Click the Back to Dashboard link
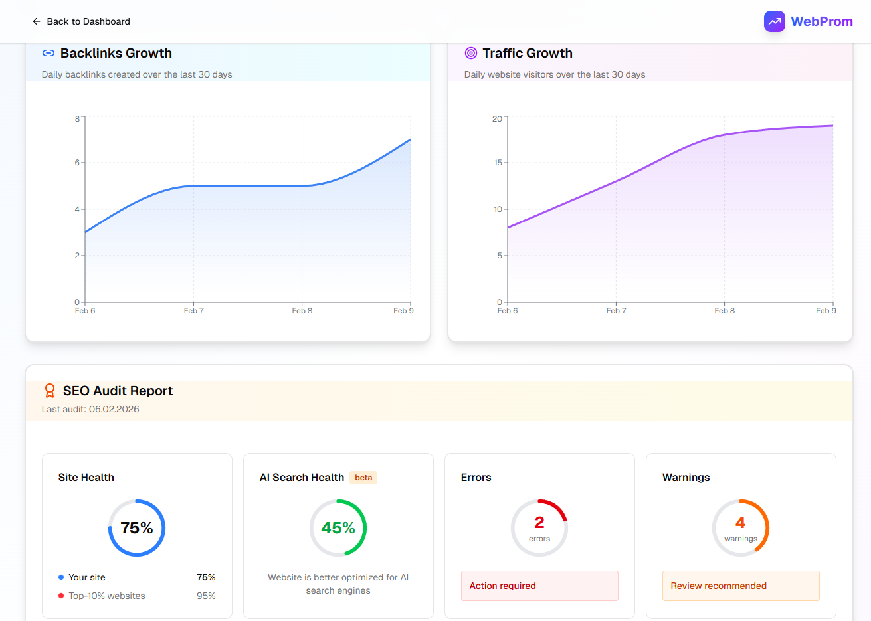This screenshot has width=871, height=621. pos(81,21)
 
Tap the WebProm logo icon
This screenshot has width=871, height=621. pos(774,21)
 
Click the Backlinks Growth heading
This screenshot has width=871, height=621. pos(116,53)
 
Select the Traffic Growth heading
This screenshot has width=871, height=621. pos(527,53)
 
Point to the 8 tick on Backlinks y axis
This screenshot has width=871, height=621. pos(77,119)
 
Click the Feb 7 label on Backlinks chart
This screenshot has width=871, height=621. pos(193,311)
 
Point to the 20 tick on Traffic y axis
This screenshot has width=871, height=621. pos(497,119)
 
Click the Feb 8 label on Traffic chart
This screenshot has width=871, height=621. pos(724,311)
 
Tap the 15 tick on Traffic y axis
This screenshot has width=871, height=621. pos(498,163)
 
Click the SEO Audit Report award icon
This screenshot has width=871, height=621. pos(50,391)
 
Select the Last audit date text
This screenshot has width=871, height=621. pos(90,409)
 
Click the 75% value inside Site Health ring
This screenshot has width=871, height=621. pos(137,528)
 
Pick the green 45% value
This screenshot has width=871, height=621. pos(338,528)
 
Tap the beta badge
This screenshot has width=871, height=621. pos(363,478)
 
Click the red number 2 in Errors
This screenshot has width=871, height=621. pos(539,523)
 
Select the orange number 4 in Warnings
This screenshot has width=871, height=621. pos(740,523)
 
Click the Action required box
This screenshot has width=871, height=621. pos(539,586)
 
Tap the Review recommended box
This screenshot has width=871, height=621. pos(740,586)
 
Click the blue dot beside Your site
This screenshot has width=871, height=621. pos(61,578)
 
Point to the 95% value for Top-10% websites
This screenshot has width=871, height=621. pos(206,596)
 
